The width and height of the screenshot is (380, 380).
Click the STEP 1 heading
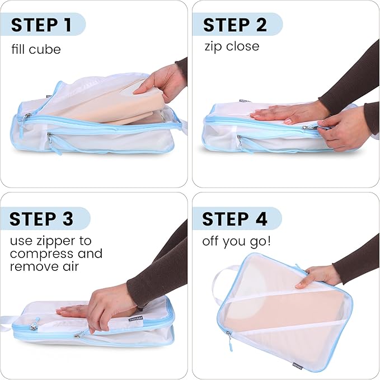[41, 25]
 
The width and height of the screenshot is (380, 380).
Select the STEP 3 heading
[41, 219]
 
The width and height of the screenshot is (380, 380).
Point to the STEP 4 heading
[234, 219]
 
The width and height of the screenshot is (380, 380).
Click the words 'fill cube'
[36, 49]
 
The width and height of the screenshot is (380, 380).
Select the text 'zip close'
[231, 46]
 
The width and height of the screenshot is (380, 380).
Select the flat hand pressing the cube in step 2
[280, 114]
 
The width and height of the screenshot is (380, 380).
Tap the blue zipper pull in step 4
[229, 341]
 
